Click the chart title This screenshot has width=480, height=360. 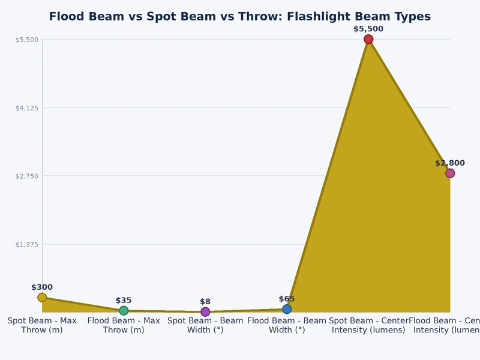click(239, 17)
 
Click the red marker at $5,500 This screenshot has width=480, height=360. click(368, 39)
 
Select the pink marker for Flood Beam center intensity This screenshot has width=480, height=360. click(449, 173)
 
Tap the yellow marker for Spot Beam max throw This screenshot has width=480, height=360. click(42, 298)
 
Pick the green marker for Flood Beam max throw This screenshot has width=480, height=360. click(124, 311)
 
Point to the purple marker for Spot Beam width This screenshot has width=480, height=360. click(205, 311)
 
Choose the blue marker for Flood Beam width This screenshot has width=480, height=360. click(287, 309)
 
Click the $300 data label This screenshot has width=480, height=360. click(42, 287)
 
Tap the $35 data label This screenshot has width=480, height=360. click(124, 301)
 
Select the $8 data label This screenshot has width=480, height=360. click(205, 302)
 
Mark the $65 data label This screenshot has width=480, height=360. click(287, 299)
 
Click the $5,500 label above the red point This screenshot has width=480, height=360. click(368, 29)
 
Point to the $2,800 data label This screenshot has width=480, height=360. click(449, 163)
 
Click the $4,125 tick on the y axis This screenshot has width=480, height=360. click(26, 108)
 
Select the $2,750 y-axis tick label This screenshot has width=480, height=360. click(26, 176)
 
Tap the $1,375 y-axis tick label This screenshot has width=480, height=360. click(26, 244)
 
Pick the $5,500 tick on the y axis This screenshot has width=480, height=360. click(26, 40)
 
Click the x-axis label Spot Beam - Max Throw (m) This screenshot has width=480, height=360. click(42, 325)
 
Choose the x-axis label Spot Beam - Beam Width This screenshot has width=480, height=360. click(205, 325)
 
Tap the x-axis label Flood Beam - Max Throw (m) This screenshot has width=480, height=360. click(124, 325)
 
